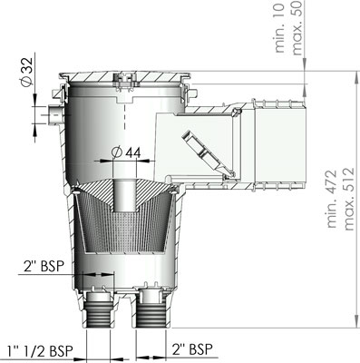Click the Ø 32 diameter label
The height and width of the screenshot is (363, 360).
(x=26, y=72)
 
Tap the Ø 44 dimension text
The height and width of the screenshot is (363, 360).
(x=126, y=152)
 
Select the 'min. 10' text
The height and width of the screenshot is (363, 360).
(x=279, y=28)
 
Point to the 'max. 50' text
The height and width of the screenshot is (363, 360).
(x=297, y=27)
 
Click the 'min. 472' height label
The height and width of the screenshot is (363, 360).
(x=332, y=199)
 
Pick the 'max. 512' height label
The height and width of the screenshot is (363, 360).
(x=348, y=199)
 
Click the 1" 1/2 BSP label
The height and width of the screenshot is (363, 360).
(x=40, y=351)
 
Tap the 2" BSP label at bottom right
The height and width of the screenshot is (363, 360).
(x=192, y=349)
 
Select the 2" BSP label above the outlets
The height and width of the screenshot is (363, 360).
(x=44, y=266)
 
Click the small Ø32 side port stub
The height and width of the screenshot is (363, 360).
(x=54, y=114)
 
